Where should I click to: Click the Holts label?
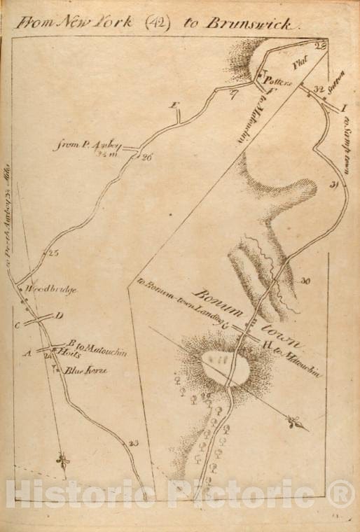tap(66, 354)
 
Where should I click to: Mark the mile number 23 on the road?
tap(134, 442)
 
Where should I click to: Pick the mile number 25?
tap(54, 253)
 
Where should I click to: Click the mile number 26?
tap(147, 157)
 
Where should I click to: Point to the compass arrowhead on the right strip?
tap(296, 423)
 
